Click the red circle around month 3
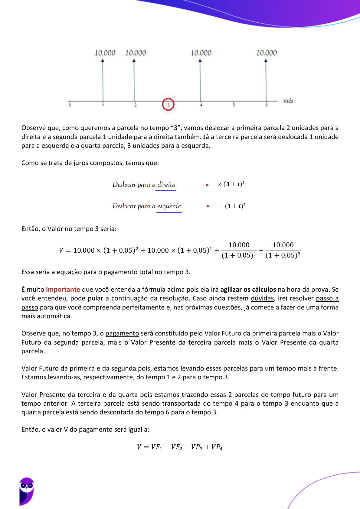coord(168,104)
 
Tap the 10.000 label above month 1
coord(105,53)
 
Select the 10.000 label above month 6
coord(267,53)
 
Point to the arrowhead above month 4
coord(200,61)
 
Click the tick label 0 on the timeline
coord(70,105)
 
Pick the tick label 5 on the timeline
coord(234,105)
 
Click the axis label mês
coord(288,101)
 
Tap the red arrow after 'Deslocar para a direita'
coord(197,185)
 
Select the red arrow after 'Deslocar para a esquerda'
coord(197,206)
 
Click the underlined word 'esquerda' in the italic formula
coord(169,206)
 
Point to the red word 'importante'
coord(63,290)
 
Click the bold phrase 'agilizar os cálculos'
coord(248,290)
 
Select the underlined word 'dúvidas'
coord(262,298)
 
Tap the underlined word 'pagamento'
coord(122,333)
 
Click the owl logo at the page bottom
coord(27,491)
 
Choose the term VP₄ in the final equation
coord(217,447)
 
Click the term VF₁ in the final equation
coord(157,447)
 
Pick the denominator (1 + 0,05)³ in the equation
coord(283,256)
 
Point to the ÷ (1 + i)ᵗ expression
coord(232,206)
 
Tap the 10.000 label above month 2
coord(136,53)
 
